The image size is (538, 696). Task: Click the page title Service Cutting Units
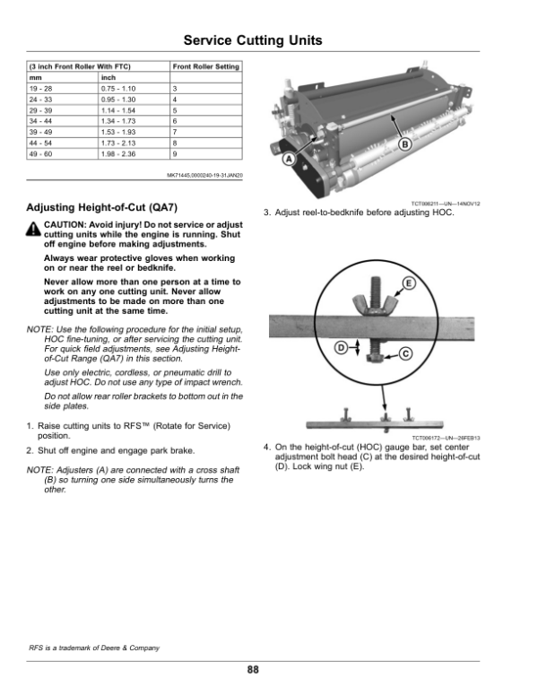[x=253, y=40]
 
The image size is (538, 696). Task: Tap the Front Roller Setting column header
[x=206, y=66]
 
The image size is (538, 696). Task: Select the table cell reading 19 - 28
[x=41, y=88]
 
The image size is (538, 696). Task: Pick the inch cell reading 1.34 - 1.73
[x=118, y=121]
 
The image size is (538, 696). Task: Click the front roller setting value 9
[x=175, y=154]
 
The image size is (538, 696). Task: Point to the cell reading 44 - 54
[x=41, y=143]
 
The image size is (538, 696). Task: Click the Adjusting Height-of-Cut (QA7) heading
[x=101, y=208]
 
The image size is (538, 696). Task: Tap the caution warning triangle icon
[x=33, y=229]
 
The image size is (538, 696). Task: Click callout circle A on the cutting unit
[x=289, y=159]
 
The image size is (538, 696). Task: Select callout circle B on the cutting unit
[x=404, y=144]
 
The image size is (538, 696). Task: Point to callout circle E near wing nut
[x=409, y=283]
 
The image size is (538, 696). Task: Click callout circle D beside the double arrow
[x=341, y=347]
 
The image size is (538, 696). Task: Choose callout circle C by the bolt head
[x=405, y=353]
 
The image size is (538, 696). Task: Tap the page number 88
[x=253, y=669]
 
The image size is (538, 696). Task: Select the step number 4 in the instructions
[x=266, y=447]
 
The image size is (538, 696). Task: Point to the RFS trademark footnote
[x=94, y=648]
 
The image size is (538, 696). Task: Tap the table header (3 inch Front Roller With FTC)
[x=80, y=66]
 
